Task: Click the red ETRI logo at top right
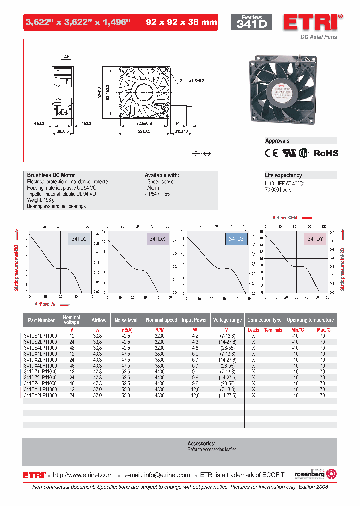312,22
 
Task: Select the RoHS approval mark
326,153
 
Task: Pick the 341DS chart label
79,240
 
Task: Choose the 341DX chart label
156,240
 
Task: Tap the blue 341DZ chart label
236,240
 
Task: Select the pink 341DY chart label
315,240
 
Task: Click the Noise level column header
126,320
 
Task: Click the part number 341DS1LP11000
40,336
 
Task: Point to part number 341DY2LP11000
40,395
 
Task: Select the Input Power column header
194,320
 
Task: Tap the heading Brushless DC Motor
51,175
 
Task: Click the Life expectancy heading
283,175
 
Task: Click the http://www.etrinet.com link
82,475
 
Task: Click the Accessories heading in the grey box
201,443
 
